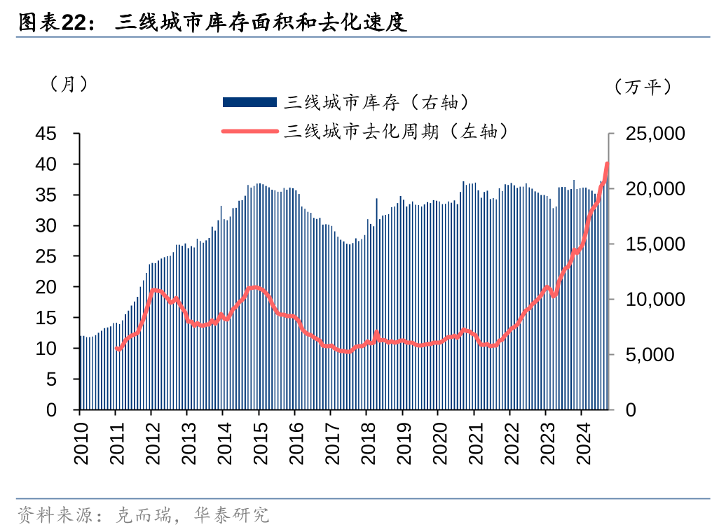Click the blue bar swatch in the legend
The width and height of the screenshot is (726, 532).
[249, 103]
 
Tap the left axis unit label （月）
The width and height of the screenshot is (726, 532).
[69, 84]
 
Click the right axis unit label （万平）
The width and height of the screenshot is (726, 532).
[643, 87]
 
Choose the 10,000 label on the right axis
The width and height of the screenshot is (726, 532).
[650, 300]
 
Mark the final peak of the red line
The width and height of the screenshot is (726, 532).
[607, 164]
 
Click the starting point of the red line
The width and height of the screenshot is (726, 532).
[117, 349]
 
